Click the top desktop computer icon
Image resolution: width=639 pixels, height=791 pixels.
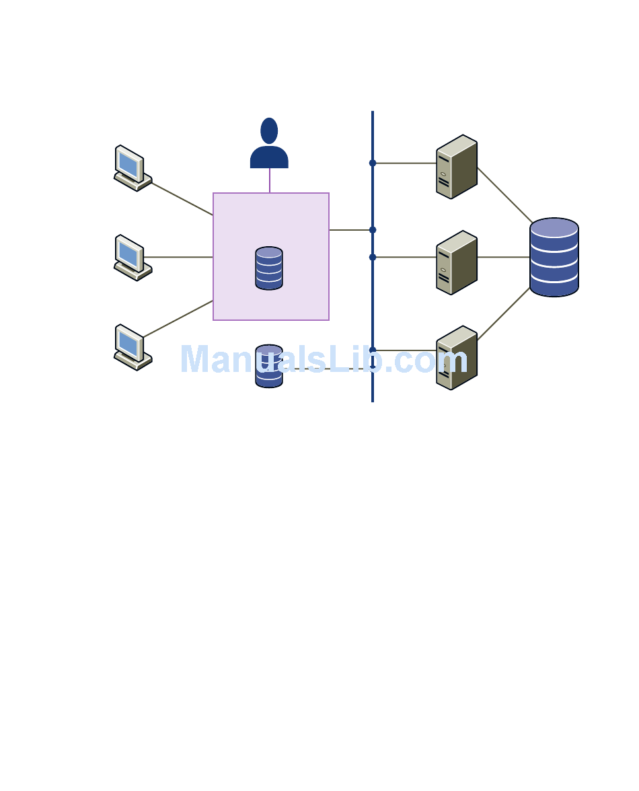[x=132, y=168]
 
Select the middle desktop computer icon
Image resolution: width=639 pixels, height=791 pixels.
[x=132, y=258]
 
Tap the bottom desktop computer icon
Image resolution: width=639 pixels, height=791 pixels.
[x=132, y=347]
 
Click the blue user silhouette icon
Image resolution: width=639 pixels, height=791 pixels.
[x=269, y=145]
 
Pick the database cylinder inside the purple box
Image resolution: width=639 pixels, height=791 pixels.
[x=269, y=268]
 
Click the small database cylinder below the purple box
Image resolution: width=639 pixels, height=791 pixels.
[x=269, y=366]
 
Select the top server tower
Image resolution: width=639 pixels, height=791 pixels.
[x=456, y=167]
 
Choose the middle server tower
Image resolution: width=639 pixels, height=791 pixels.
[x=456, y=262]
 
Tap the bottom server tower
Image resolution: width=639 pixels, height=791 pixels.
[x=456, y=358]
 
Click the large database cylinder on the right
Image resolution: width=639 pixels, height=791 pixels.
[x=554, y=257]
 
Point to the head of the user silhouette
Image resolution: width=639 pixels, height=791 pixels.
[x=269, y=130]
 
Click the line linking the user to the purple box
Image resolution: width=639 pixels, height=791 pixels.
[x=270, y=180]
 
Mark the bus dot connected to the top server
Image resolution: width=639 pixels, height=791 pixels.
[x=373, y=163]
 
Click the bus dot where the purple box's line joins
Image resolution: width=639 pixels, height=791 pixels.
[x=373, y=230]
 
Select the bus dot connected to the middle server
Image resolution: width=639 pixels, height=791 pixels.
[x=373, y=257]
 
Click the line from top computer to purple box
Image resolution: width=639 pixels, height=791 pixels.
[x=182, y=198]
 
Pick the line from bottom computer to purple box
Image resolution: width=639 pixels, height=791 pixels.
[x=178, y=319]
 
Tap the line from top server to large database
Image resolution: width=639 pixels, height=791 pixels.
[x=504, y=194]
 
